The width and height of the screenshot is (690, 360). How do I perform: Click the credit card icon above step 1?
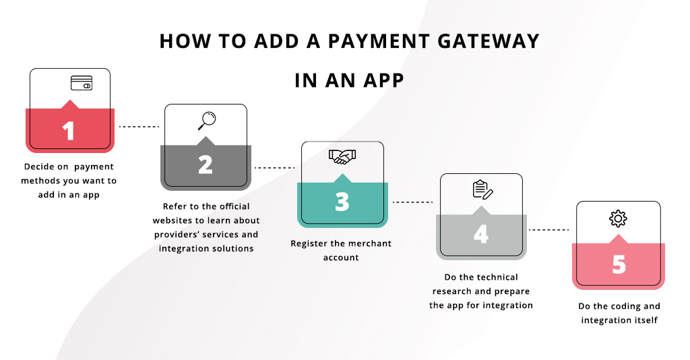tap(82, 84)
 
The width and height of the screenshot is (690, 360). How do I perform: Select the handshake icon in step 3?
tap(342, 156)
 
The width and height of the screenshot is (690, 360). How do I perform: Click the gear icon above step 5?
tap(618, 218)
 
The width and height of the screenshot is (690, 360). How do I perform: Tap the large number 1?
tap(69, 130)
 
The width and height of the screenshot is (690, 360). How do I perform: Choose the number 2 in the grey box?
tap(205, 164)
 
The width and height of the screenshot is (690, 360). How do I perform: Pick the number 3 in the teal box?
tap(342, 201)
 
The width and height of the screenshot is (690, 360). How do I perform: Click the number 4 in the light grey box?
tap(480, 234)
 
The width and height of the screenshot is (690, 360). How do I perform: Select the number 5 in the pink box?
tap(618, 264)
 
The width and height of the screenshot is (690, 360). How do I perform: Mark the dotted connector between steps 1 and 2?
tap(138, 126)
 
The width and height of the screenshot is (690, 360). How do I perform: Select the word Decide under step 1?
tap(38, 167)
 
